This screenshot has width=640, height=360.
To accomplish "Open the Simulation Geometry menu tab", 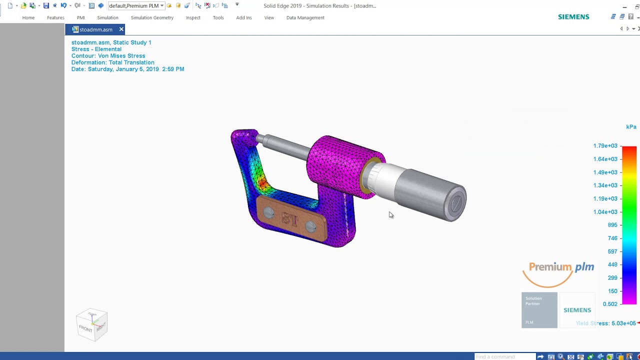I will click(152, 17).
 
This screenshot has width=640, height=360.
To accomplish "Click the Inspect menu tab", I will click(193, 17).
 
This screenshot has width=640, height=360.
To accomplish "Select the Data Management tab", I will click(305, 17).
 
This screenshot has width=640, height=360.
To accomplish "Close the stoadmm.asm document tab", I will click(121, 29).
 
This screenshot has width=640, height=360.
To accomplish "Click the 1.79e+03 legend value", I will click(605, 146).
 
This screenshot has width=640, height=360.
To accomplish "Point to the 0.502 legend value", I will click(610, 304).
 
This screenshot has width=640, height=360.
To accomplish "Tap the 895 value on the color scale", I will click(612, 225).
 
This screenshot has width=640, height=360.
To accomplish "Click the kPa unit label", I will click(631, 127).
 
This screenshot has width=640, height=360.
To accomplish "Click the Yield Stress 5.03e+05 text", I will click(606, 323).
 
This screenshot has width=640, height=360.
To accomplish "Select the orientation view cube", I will click(92, 325).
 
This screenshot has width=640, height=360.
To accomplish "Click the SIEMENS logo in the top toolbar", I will click(573, 17).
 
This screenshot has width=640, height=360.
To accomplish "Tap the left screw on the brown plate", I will click(268, 213).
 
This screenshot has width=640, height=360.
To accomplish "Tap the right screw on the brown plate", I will click(310, 226).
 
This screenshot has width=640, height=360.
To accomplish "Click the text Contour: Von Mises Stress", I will click(108, 56).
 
